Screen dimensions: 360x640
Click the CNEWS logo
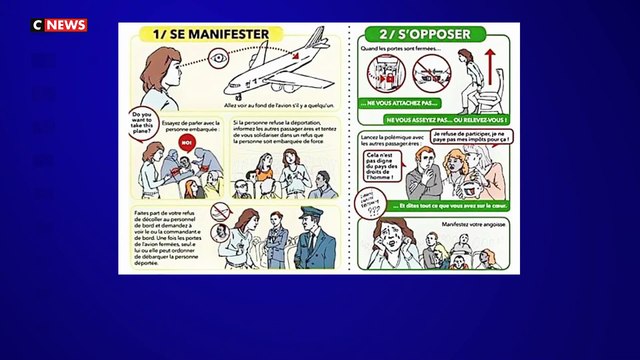pos(59,24)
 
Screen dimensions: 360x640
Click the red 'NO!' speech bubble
pos(186,142)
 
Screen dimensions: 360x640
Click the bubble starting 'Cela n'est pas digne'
pos(381,163)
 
